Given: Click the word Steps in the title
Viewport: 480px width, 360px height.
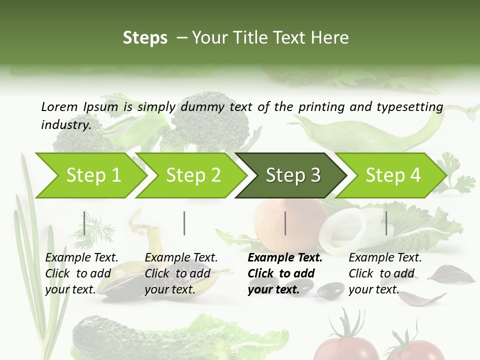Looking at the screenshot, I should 145,37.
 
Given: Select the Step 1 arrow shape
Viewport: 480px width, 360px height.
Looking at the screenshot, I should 90,175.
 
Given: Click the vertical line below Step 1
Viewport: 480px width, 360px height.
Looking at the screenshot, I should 84,223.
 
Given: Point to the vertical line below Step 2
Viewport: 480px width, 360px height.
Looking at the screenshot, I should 184,223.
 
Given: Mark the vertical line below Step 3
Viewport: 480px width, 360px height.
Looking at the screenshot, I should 285,223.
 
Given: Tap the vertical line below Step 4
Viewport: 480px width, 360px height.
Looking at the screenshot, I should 386,223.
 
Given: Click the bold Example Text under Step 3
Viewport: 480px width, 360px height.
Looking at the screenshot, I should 285,258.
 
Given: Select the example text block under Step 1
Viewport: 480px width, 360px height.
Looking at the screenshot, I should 81,273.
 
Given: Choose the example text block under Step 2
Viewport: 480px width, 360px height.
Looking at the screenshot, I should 181,273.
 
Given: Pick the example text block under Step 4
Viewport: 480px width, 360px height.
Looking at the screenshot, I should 385,273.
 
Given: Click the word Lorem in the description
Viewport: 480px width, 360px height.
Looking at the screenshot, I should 59,106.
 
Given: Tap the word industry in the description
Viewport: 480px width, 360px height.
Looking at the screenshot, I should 65,125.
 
